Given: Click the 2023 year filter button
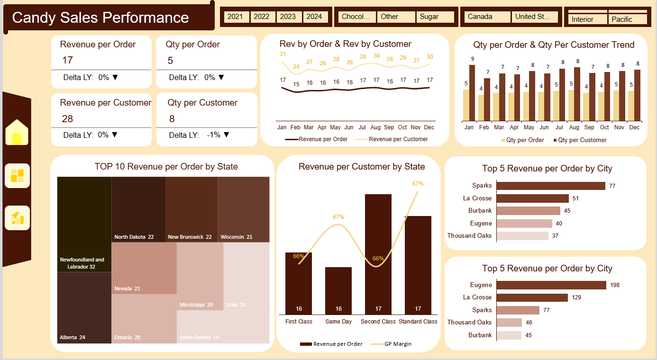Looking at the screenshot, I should (288, 17).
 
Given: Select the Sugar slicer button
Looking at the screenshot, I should (435, 17).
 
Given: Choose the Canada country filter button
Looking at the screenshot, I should (485, 17).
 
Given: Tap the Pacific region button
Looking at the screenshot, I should (627, 19).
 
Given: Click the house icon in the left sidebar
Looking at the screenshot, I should (17, 132).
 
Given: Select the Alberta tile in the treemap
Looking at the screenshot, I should (84, 307).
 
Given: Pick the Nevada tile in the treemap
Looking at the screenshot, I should (144, 268).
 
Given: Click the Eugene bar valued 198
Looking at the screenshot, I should (551, 285).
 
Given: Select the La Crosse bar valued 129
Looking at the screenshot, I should (532, 297).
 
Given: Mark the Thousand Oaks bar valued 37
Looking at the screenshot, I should (522, 236).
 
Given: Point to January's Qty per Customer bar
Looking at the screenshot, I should (472, 93).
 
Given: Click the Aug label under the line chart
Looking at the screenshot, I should (375, 127).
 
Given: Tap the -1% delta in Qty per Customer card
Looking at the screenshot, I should (214, 135).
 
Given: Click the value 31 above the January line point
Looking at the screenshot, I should (283, 54).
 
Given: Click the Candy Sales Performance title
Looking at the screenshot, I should (100, 18).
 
